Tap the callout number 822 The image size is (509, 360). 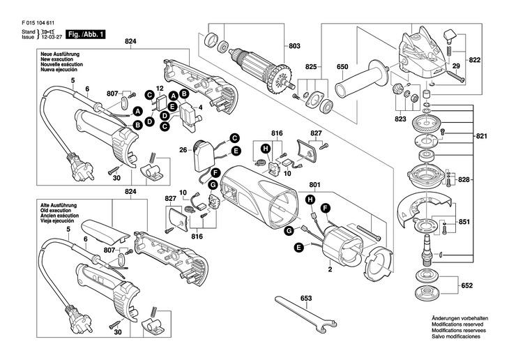point(476,61)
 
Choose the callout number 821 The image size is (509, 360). point(482,135)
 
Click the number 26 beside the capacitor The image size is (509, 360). point(183,149)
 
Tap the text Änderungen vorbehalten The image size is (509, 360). point(459,319)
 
